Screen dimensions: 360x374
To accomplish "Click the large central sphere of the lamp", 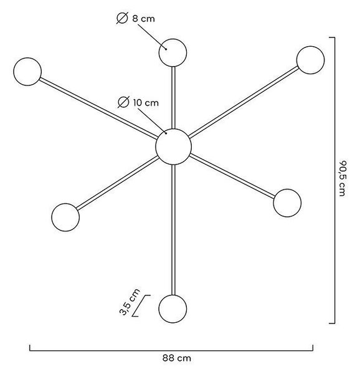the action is (173, 146).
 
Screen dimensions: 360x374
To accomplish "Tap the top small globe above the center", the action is (173, 53).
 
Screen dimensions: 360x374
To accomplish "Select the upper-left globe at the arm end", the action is (27, 72).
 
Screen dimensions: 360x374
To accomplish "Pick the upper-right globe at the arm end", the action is (310, 60).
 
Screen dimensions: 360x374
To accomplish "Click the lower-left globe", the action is (65, 218).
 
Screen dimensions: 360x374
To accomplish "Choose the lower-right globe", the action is (287, 203).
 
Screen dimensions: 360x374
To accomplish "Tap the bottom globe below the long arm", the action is (173, 309).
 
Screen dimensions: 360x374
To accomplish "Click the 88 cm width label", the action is (177, 358).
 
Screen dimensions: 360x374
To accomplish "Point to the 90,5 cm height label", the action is (343, 178).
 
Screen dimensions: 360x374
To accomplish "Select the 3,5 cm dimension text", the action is (130, 302).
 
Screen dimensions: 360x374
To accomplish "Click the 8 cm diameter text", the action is (143, 19).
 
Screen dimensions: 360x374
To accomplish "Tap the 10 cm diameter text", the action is (146, 103).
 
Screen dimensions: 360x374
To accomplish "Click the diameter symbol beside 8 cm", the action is (123, 18).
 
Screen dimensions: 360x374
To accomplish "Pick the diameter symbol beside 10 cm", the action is (123, 102).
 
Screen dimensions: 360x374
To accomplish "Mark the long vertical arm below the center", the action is (173, 230).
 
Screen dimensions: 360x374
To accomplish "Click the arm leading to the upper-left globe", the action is (98, 108).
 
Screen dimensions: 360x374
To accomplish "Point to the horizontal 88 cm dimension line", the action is (171, 350).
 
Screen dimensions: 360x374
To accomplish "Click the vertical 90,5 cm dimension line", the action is (334, 180).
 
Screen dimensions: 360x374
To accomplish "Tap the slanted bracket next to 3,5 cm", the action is (141, 306).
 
